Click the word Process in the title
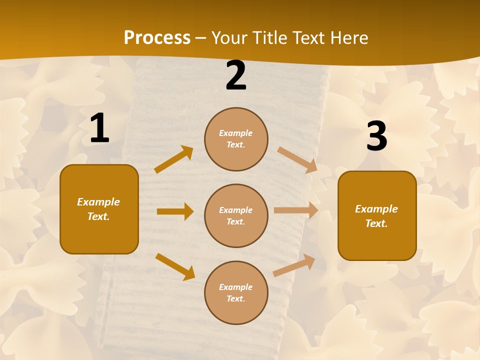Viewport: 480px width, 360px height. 157,38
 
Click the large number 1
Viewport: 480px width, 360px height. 99,128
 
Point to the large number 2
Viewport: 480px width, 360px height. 236,76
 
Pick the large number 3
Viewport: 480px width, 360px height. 377,136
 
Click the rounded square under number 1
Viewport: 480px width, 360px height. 99,209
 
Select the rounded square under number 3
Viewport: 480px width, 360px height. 377,216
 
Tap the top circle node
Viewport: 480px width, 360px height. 236,139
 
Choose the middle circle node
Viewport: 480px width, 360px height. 236,216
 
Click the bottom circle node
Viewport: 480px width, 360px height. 236,293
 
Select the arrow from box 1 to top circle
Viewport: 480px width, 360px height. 174,159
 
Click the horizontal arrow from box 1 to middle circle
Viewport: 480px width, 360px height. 175,211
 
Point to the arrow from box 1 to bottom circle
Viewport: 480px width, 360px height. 175,266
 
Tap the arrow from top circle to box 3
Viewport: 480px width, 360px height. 297,159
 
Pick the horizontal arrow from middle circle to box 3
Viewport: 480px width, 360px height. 296,210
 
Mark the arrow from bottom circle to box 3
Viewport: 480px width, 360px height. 294,265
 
